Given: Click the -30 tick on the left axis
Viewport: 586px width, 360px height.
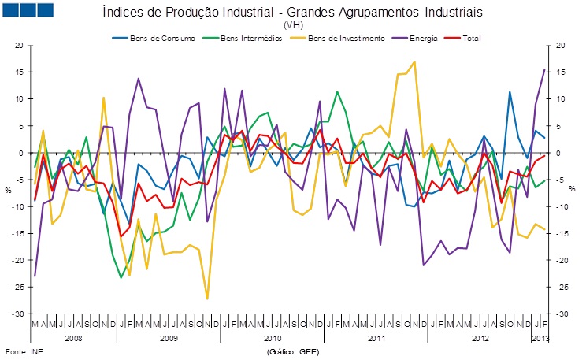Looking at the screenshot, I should point(17,314).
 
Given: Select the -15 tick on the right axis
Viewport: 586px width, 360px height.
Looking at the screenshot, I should point(562,233).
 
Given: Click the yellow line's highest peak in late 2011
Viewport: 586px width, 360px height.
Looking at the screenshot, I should point(415,61).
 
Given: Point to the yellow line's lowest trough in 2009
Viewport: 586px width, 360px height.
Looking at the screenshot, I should point(207,299).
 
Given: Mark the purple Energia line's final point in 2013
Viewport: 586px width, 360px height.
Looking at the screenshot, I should point(544,69).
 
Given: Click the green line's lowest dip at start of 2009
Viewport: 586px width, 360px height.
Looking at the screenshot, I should point(121,277).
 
